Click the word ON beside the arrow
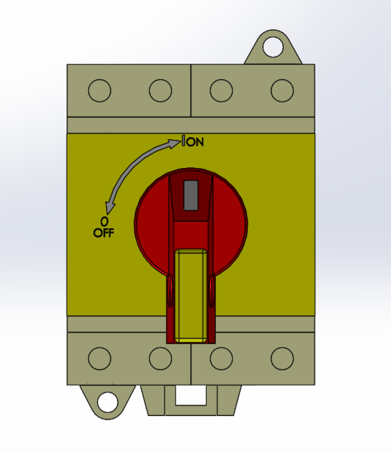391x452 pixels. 195,142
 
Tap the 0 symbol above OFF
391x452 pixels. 104,220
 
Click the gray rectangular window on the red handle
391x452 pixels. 191,195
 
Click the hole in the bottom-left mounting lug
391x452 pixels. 107,402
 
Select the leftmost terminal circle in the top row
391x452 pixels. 100,90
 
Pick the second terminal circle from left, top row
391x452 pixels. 160,90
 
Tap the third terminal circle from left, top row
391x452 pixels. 222,90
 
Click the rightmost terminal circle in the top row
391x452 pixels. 282,90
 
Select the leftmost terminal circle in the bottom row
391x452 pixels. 100,358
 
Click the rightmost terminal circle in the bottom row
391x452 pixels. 282,358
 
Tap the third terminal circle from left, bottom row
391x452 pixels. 222,358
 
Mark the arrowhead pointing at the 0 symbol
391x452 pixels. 109,207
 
